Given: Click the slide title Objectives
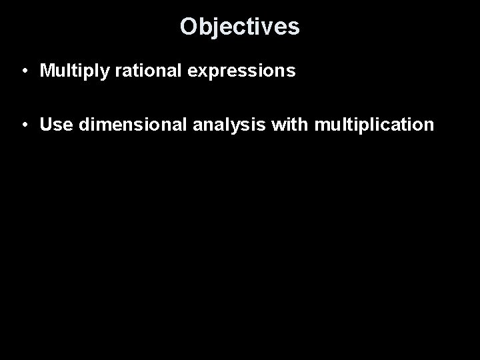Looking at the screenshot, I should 240,27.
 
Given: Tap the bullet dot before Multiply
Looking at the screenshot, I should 23,71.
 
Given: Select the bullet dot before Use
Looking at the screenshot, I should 23,125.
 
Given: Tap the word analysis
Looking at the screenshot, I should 203,125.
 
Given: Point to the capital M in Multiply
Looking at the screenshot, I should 47,71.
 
